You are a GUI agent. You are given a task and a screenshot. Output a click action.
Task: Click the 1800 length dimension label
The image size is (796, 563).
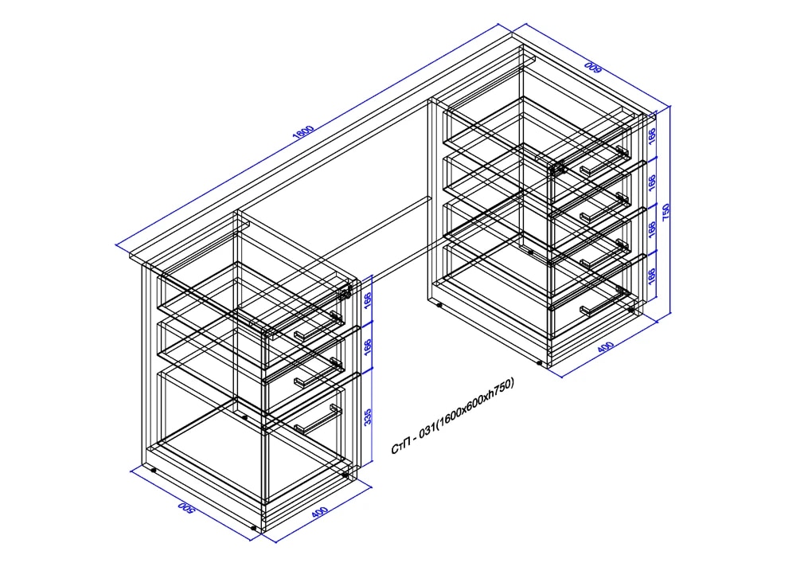(303, 132)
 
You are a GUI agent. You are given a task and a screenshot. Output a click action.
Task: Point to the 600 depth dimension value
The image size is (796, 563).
(593, 68)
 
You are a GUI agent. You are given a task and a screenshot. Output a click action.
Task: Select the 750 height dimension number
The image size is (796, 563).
(666, 212)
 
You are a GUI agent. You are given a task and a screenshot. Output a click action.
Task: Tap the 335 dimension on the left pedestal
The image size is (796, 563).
(368, 416)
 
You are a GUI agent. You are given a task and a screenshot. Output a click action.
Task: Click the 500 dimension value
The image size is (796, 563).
(185, 508)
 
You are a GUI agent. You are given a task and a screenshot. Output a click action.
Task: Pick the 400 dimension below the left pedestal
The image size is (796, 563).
(319, 512)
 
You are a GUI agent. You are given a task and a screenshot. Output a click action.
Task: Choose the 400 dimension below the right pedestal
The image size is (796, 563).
(605, 347)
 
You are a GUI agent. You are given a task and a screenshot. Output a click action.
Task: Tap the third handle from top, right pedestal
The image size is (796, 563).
(605, 253)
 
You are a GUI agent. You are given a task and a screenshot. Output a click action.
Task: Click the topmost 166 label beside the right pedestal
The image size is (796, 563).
(652, 135)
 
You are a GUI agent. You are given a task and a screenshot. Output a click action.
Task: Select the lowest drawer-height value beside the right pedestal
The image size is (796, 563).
(652, 276)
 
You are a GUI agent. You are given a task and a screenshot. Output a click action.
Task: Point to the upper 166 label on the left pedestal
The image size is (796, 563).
(368, 300)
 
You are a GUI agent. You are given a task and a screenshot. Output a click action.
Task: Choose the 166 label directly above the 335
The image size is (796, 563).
(368, 347)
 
